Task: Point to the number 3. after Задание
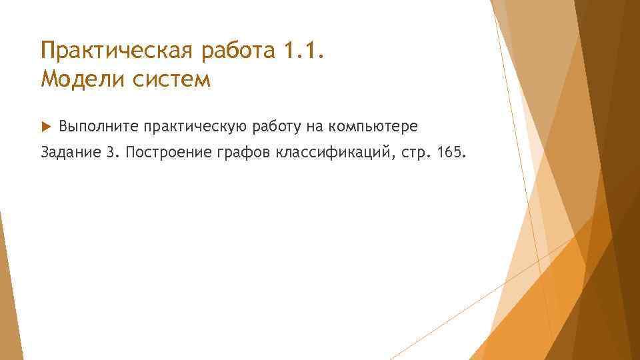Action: tap(111, 153)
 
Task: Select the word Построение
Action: tap(167, 154)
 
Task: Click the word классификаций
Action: tap(332, 154)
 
